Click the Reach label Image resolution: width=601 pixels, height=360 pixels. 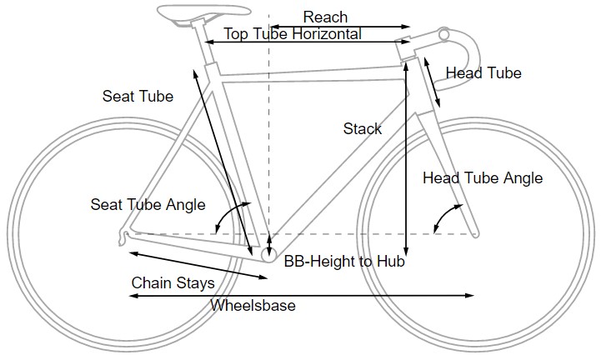[325, 17]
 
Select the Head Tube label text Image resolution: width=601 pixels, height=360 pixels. [483, 73]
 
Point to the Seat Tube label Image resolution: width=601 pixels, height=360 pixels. [138, 97]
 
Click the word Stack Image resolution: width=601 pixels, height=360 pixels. [363, 128]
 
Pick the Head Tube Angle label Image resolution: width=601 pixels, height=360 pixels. [483, 178]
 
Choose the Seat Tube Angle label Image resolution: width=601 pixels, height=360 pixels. [148, 205]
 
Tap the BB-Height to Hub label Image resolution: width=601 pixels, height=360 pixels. [344, 262]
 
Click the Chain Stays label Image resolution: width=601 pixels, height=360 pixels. [173, 282]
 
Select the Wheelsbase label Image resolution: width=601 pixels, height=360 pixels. [253, 306]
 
